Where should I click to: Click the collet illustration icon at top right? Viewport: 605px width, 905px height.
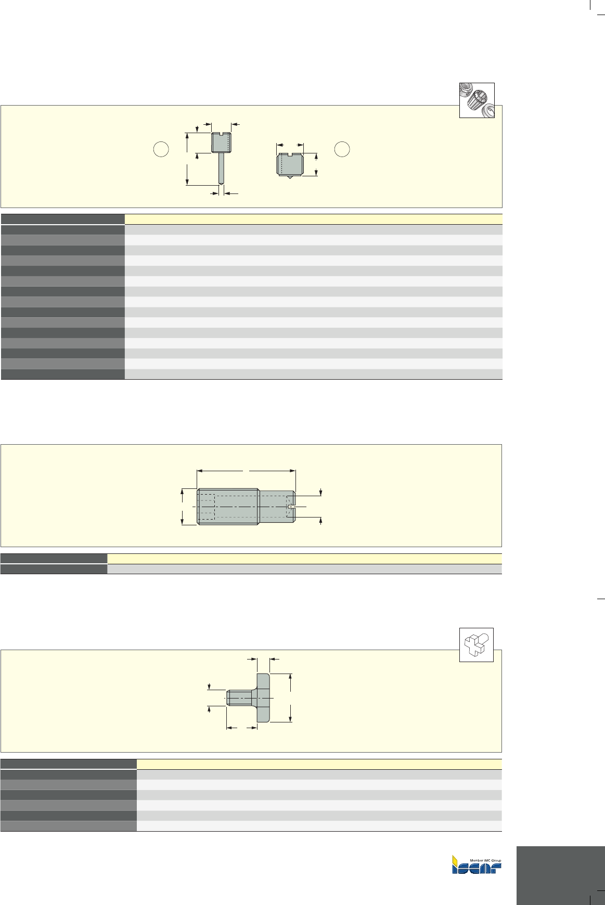tap(477, 100)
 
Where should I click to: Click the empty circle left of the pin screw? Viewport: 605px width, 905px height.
tap(161, 149)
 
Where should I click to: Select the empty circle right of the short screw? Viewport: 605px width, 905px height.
tap(342, 149)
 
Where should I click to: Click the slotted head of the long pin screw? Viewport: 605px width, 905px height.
tap(222, 143)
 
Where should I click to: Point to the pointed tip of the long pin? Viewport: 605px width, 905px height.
tap(222, 183)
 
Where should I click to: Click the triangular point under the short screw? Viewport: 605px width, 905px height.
tap(290, 177)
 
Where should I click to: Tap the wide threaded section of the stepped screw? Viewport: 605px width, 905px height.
tap(228, 507)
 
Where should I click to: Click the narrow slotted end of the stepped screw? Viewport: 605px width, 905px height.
tap(277, 507)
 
